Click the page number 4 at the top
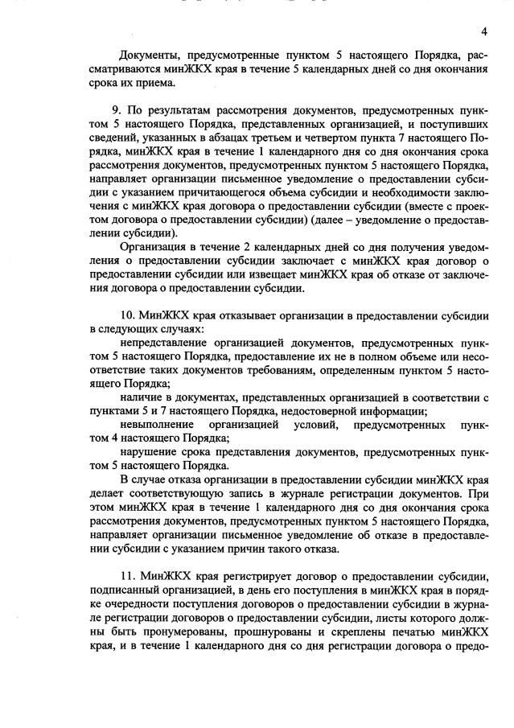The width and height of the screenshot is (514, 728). (x=484, y=31)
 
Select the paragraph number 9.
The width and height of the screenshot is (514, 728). (x=124, y=109)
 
